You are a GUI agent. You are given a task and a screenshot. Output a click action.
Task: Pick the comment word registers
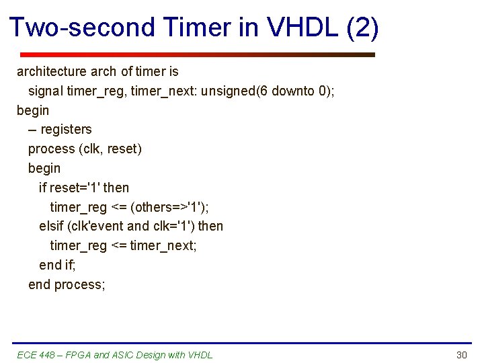66,129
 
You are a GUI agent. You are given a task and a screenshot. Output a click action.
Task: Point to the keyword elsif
52,226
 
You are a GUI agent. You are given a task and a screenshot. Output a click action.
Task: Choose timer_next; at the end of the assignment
163,245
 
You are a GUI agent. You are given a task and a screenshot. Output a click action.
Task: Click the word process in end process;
80,284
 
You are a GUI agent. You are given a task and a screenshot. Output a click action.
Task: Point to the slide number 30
461,355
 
